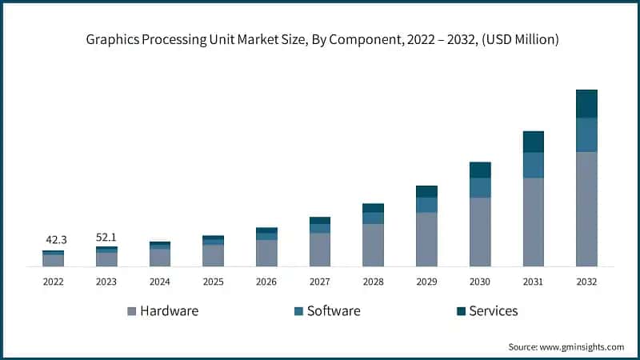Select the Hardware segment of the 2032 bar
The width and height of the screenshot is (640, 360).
586,208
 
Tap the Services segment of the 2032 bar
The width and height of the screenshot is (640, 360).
586,103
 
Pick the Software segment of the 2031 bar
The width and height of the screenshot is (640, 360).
533,165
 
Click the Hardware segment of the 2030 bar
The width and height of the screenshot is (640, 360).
480,231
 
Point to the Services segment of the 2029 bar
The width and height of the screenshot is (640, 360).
426,191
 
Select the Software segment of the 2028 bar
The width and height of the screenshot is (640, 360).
373,218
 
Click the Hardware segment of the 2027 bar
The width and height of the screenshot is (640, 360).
320,249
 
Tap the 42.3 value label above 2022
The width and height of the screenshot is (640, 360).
54,239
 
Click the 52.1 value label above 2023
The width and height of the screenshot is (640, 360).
106,238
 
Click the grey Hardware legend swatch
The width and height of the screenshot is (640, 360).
131,311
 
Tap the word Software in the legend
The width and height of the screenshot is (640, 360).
334,310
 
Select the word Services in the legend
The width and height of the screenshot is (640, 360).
493,310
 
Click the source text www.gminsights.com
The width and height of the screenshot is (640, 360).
582,346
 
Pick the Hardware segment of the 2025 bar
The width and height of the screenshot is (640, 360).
213,255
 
